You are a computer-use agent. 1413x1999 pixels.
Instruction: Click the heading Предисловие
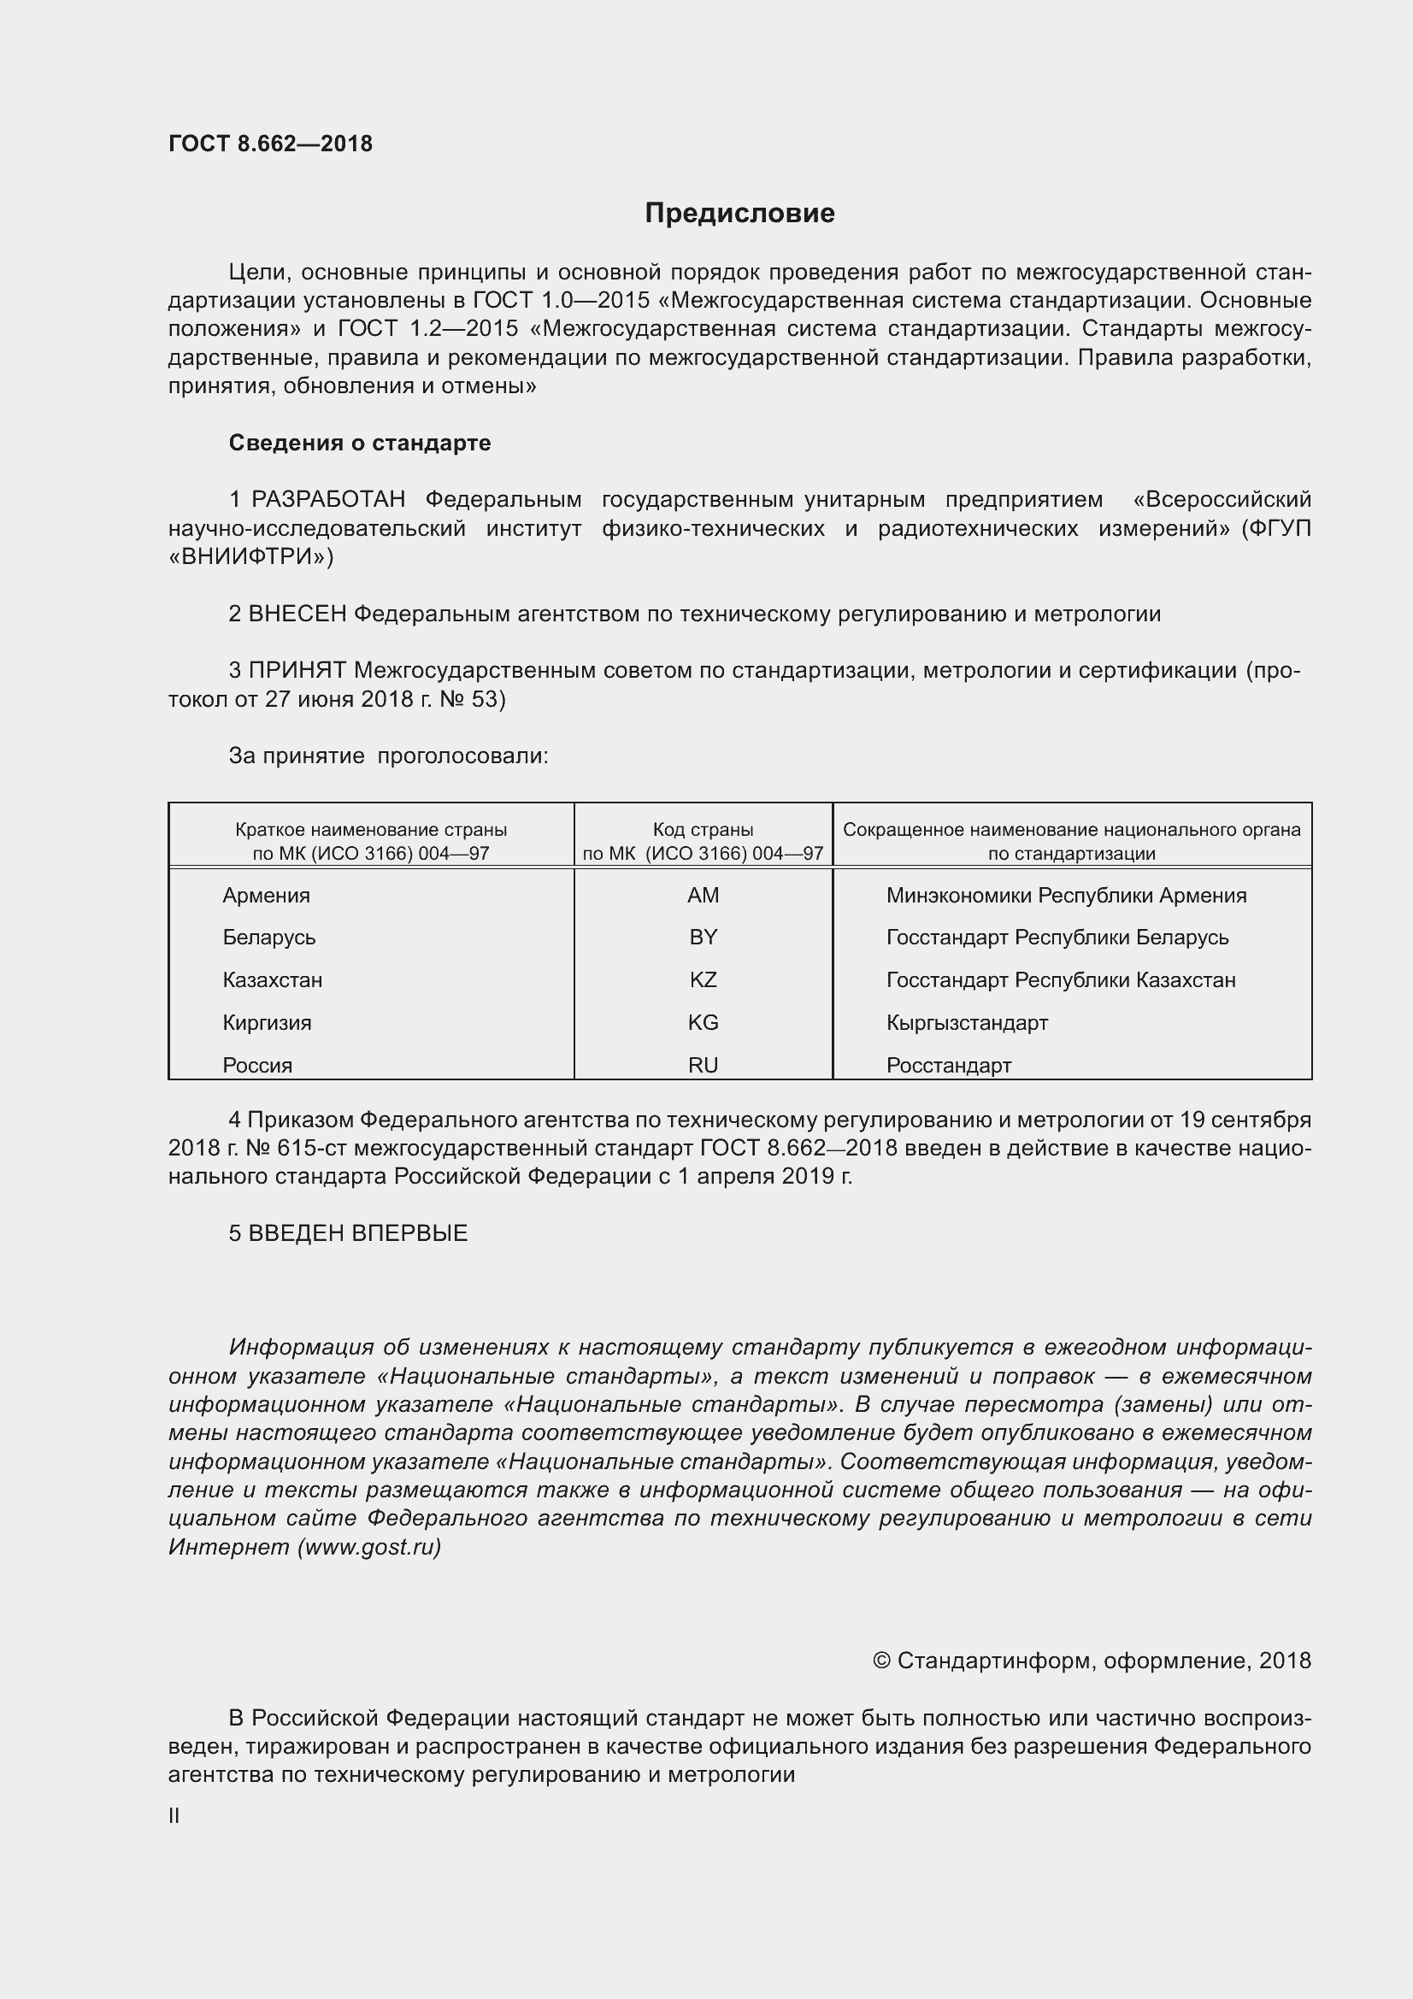pyautogui.click(x=739, y=214)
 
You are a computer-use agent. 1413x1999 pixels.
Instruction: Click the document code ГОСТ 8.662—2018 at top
pyautogui.click(x=270, y=144)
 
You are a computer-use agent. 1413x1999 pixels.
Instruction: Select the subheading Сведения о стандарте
pyautogui.click(x=360, y=444)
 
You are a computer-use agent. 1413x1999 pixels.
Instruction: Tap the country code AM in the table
pyautogui.click(x=703, y=895)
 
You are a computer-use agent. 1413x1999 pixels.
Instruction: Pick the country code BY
pyautogui.click(x=703, y=938)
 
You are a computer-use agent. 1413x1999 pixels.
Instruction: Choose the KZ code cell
pyautogui.click(x=703, y=980)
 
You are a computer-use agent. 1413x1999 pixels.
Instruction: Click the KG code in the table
pyautogui.click(x=703, y=1023)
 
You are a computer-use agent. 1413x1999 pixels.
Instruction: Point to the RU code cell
pyautogui.click(x=703, y=1066)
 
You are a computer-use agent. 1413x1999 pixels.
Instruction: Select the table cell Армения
pyautogui.click(x=267, y=895)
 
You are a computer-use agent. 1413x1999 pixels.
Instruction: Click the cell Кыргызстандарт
pyautogui.click(x=967, y=1023)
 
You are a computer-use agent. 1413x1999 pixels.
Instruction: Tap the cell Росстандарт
pyautogui.click(x=948, y=1066)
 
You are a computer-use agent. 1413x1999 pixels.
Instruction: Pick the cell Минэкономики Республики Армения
pyautogui.click(x=1066, y=895)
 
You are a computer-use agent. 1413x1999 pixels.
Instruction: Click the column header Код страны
pyautogui.click(x=703, y=830)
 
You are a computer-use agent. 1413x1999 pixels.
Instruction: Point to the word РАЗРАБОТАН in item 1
pyautogui.click(x=328, y=500)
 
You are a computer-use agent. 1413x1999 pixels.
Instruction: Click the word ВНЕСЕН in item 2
pyautogui.click(x=297, y=614)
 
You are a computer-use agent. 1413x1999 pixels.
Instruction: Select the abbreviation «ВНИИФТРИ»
pyautogui.click(x=250, y=557)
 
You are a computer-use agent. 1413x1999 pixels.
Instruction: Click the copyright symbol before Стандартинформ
pyautogui.click(x=881, y=1661)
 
